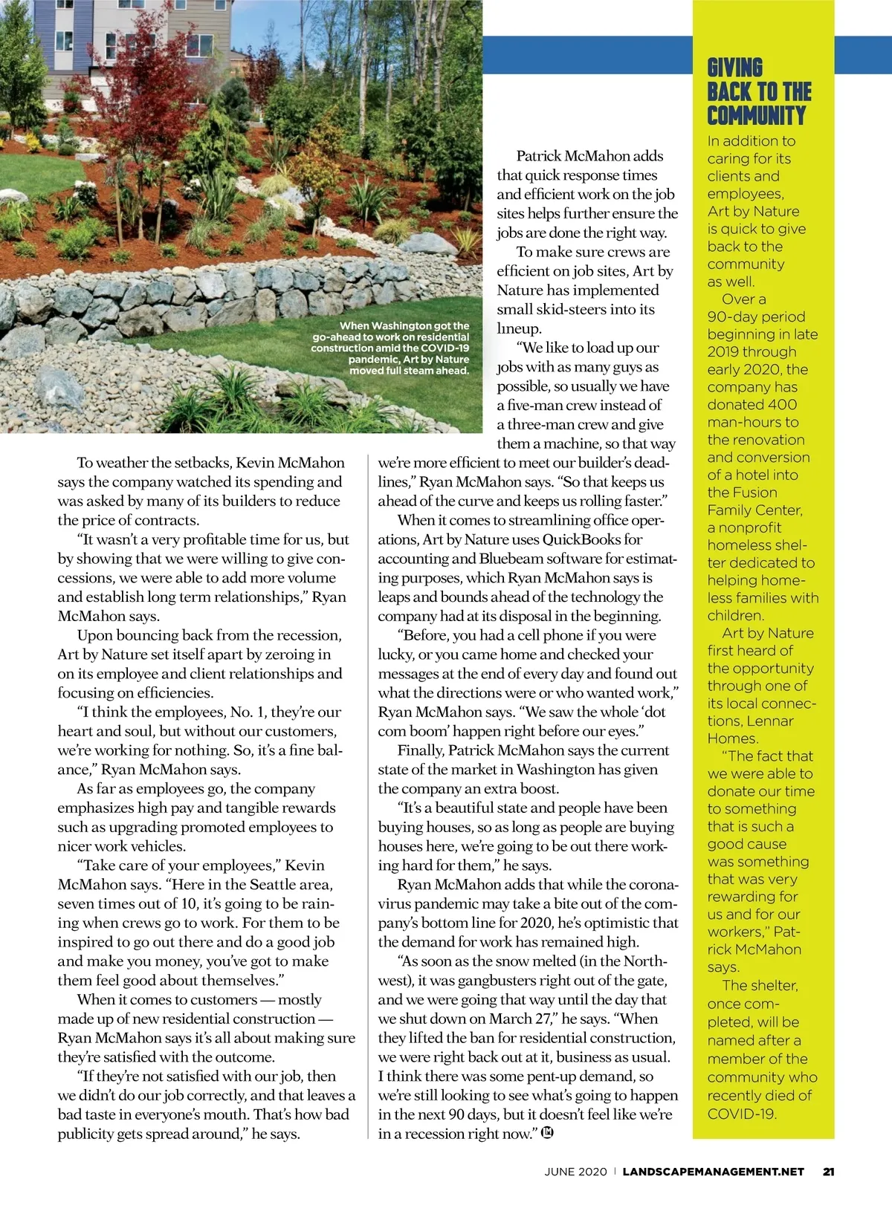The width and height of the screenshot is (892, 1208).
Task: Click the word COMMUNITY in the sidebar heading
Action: click(756, 116)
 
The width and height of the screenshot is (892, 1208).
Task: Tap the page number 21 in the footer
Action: click(829, 1172)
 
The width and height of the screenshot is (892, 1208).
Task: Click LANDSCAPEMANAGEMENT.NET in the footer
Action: click(713, 1172)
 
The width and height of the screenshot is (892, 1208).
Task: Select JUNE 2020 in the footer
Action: click(575, 1172)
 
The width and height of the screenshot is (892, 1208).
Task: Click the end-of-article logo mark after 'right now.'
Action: click(548, 1133)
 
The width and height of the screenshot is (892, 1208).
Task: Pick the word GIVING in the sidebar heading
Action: click(734, 68)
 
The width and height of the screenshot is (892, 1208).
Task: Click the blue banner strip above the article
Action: click(587, 54)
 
